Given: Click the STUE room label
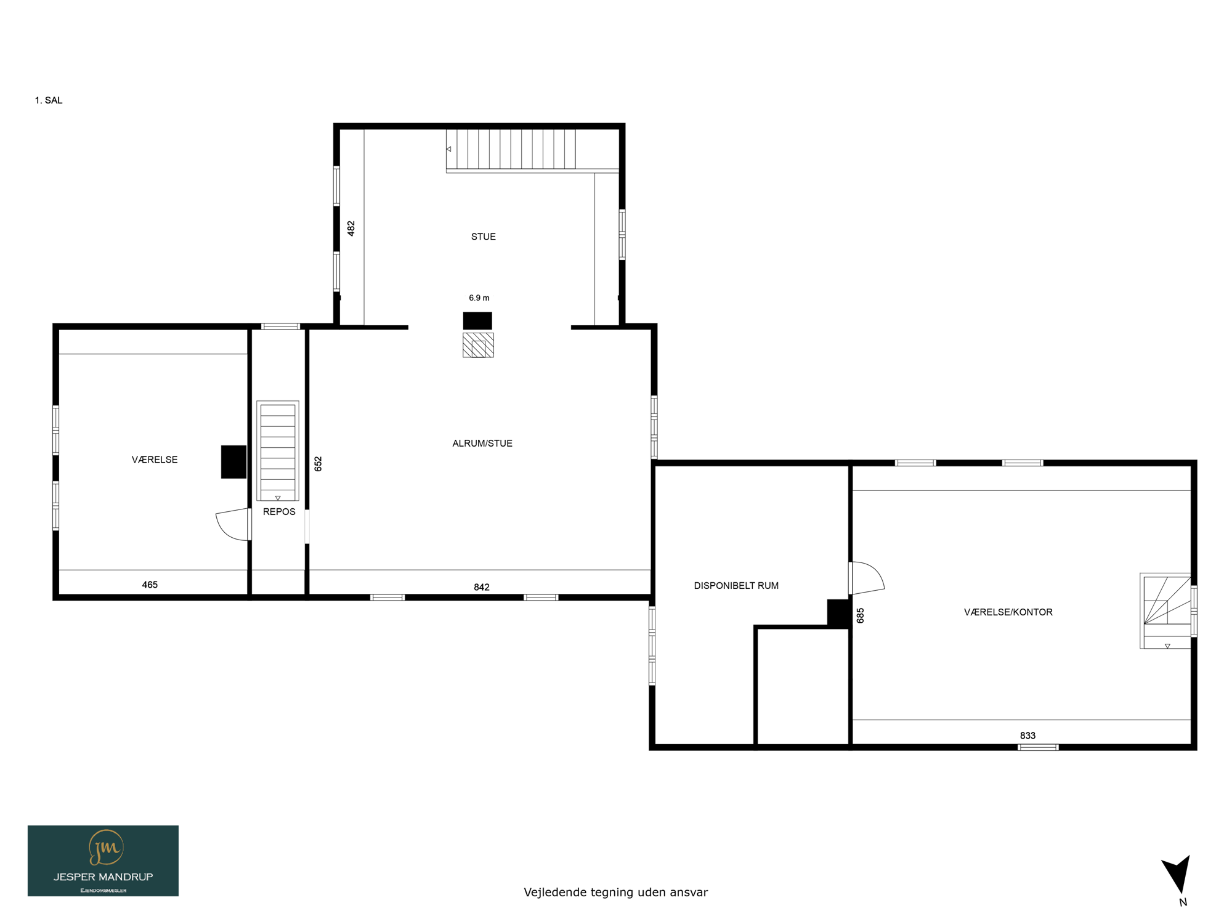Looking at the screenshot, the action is tap(483, 237).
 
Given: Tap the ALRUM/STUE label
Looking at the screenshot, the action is tap(482, 444).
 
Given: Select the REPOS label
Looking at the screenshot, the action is tap(279, 512).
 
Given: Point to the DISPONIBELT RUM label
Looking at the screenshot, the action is tap(736, 586).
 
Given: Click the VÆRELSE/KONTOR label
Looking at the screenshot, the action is tap(1008, 612).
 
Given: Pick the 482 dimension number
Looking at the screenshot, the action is tap(351, 229).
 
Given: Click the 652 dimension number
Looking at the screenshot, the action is tap(318, 464).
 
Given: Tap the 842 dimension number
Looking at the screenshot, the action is tap(482, 587).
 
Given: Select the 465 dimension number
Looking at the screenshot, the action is tap(150, 585).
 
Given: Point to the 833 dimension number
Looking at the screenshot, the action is tap(1027, 736).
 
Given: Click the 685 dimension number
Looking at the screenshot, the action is tap(861, 615).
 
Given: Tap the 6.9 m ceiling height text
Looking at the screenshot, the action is tap(479, 298).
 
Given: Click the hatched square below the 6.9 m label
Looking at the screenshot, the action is tap(479, 345).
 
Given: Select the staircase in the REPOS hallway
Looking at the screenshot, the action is tap(278, 451).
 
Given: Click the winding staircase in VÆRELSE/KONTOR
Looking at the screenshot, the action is tap(1165, 611).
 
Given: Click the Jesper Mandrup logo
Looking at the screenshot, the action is tap(103, 861).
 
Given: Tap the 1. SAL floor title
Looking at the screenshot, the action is tap(49, 100).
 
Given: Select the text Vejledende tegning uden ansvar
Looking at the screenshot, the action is tap(616, 892).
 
